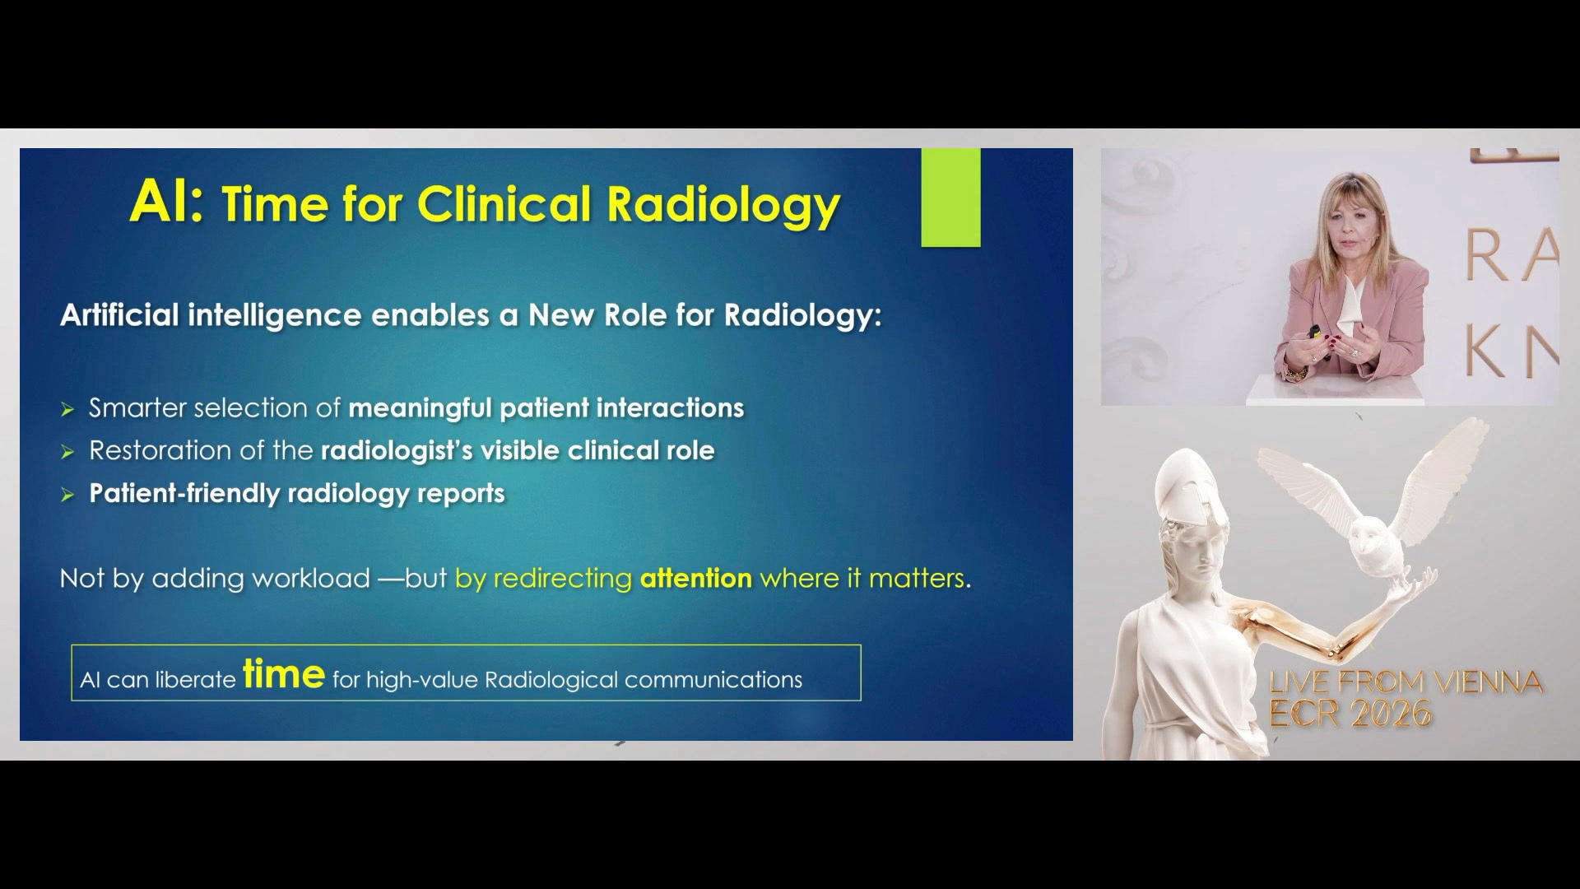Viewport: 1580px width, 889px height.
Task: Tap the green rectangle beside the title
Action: pos(950,198)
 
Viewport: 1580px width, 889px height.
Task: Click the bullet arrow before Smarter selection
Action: pos(67,409)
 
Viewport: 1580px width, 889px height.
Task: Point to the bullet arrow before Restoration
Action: pos(67,452)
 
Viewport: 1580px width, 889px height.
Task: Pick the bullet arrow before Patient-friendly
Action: pos(67,495)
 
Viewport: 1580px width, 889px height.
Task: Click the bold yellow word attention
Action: pos(696,579)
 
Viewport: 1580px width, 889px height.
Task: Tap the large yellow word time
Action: pos(284,674)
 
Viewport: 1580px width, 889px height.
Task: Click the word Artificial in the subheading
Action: pos(119,315)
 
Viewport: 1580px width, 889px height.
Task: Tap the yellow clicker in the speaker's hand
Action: pos(1316,332)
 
